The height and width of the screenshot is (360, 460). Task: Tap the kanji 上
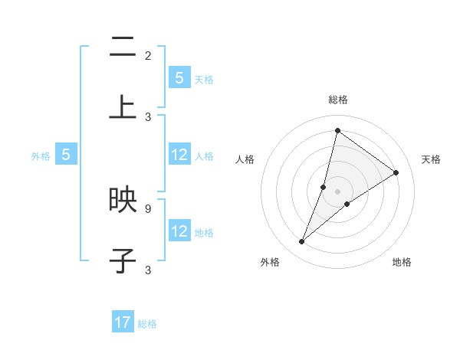tap(123, 107)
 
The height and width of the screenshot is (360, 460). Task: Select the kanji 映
tap(123, 200)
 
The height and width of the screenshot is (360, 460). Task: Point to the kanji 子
tap(123, 260)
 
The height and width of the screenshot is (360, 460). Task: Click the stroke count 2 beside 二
tap(148, 56)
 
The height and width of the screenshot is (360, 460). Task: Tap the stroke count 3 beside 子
tap(148, 270)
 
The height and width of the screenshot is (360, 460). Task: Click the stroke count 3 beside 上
tap(148, 116)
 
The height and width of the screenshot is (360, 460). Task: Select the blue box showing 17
tap(123, 322)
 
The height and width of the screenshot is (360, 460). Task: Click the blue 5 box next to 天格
tap(179, 78)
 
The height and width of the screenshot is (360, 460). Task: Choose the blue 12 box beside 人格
tap(179, 155)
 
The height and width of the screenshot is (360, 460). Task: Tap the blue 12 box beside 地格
tap(179, 231)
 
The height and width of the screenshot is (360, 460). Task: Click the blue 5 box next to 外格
tap(66, 155)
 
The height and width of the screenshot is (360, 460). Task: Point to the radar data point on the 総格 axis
tap(337, 130)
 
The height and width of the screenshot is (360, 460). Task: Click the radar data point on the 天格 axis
tap(396, 172)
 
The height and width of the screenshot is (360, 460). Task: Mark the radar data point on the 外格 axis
tap(302, 242)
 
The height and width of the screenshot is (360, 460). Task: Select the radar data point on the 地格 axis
tap(347, 204)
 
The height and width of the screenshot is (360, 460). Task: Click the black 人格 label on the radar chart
tap(245, 159)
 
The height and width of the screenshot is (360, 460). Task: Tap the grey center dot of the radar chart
tap(337, 191)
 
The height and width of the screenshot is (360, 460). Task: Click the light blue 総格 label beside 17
tap(147, 324)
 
